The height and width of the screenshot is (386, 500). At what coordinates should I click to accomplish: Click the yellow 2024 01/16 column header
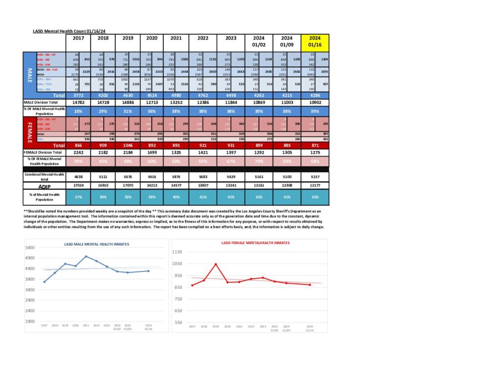coord(315,42)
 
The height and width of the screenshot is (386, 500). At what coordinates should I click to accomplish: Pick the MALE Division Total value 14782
coord(79,102)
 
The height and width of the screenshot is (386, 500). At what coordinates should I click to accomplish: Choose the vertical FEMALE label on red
coord(29,129)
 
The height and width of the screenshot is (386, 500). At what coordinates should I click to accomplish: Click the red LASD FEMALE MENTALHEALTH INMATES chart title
coord(255,242)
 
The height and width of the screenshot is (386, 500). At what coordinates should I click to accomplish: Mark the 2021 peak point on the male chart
coord(86,256)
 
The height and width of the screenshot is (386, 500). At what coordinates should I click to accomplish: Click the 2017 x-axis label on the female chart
coord(191,326)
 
